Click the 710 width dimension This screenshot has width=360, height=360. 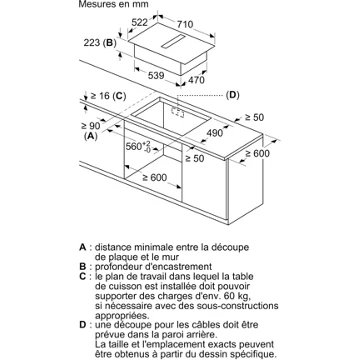[184, 24]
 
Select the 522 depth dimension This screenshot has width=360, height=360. [139, 23]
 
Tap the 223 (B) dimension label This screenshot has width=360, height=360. [100, 43]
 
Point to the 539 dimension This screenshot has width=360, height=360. [155, 75]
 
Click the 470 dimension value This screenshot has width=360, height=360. [197, 80]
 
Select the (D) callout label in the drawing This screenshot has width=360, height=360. [232, 95]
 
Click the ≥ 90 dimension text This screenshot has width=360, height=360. [91, 126]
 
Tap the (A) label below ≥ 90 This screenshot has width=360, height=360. [90, 136]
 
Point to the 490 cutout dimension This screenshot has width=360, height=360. [214, 133]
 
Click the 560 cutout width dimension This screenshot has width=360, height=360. [139, 147]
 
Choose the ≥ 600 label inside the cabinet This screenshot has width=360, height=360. [155, 178]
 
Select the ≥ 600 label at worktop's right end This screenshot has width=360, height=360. [258, 153]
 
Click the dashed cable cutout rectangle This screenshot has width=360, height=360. [177, 112]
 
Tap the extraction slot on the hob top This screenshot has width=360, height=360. [172, 41]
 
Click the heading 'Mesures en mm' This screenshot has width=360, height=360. [113, 4]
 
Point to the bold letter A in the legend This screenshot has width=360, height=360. [83, 247]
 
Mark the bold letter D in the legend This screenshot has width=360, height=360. [83, 325]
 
